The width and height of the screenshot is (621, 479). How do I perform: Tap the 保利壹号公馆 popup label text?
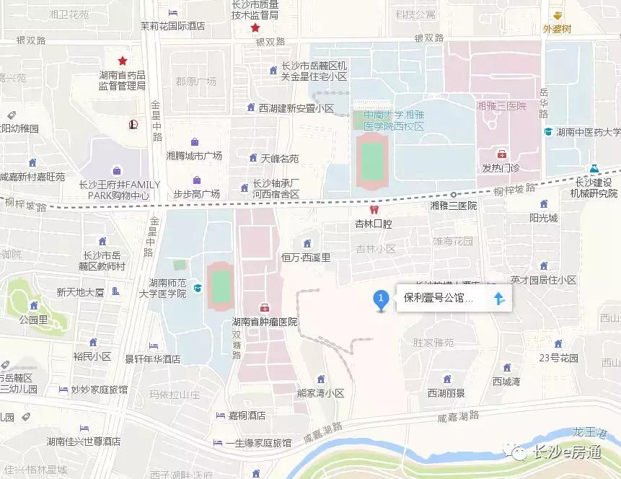pyautogui.click(x=438, y=298)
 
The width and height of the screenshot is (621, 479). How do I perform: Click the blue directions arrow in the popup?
pyautogui.click(x=498, y=298)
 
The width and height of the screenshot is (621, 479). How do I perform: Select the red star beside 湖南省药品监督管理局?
pyautogui.click(x=123, y=61)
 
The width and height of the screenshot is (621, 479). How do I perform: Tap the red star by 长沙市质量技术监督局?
pyautogui.click(x=255, y=28)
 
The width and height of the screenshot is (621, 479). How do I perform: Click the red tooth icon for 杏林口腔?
pyautogui.click(x=373, y=210)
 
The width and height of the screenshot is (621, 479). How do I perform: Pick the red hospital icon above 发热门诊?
pyautogui.click(x=501, y=154)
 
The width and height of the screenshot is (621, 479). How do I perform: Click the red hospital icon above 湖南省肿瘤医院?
pyautogui.click(x=265, y=307)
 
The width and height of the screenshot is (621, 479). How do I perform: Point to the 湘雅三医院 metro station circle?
pyautogui.click(x=453, y=194)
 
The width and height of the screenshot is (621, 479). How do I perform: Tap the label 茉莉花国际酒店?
pyautogui.click(x=172, y=26)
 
